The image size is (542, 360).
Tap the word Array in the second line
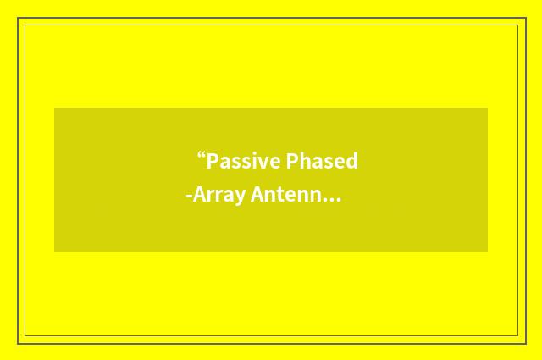[219, 196]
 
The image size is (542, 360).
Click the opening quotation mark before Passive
[201, 157]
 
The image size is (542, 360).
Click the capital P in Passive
[213, 161]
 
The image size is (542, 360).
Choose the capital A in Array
[199, 196]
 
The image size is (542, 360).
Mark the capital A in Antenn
[257, 196]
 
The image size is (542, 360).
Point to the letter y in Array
[240, 198]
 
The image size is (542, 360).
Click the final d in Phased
[351, 161]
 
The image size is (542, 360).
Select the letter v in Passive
[263, 163]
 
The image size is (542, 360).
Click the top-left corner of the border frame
[19, 19]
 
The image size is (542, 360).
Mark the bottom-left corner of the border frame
[19, 343]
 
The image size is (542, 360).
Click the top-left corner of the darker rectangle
[55, 108]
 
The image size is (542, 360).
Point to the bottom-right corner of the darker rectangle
[487, 251]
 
